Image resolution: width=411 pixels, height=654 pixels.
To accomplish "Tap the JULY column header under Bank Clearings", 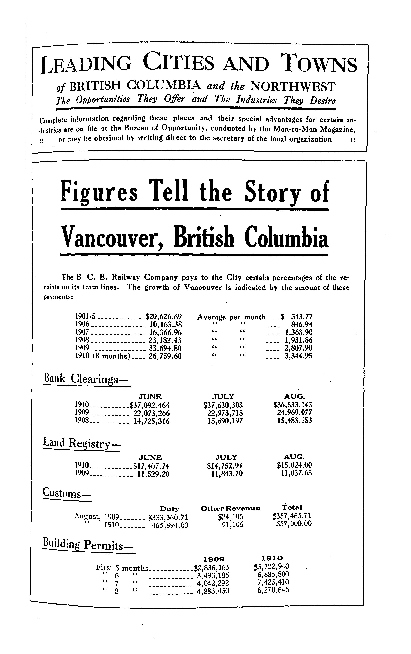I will [x=224, y=396].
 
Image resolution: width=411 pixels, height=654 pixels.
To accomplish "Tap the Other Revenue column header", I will [x=230, y=508].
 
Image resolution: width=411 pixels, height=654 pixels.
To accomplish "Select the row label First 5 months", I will [x=122, y=568].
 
